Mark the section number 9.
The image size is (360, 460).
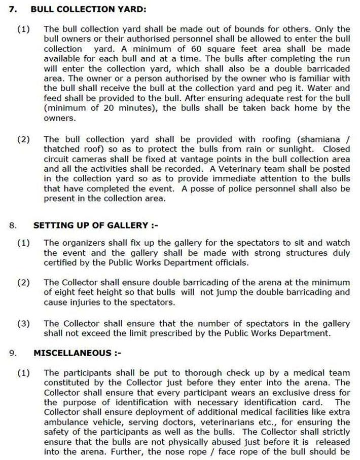pyautogui.click(x=12, y=353)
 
